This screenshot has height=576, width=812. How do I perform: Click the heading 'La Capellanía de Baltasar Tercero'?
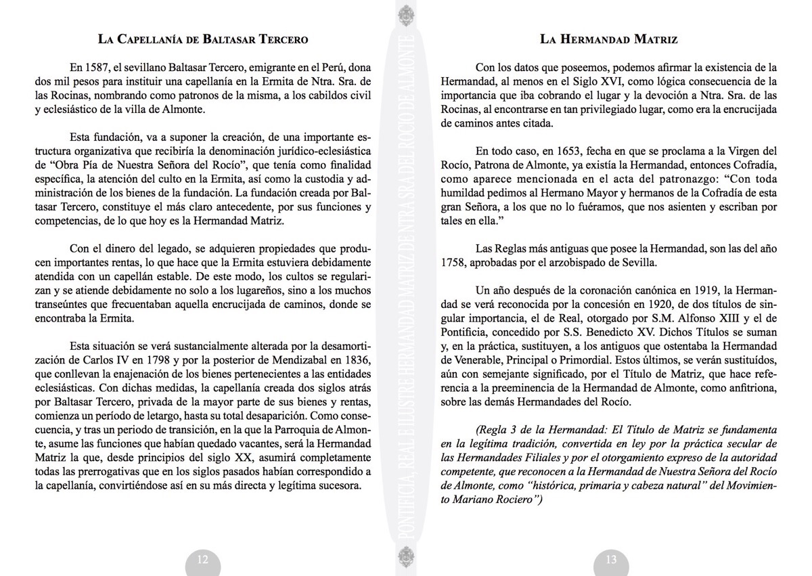pos(203,39)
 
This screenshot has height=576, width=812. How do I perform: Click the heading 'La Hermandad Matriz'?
pos(609,39)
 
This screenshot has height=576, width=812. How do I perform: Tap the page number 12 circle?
pos(202,559)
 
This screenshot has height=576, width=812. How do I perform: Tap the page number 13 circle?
pos(610,559)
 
